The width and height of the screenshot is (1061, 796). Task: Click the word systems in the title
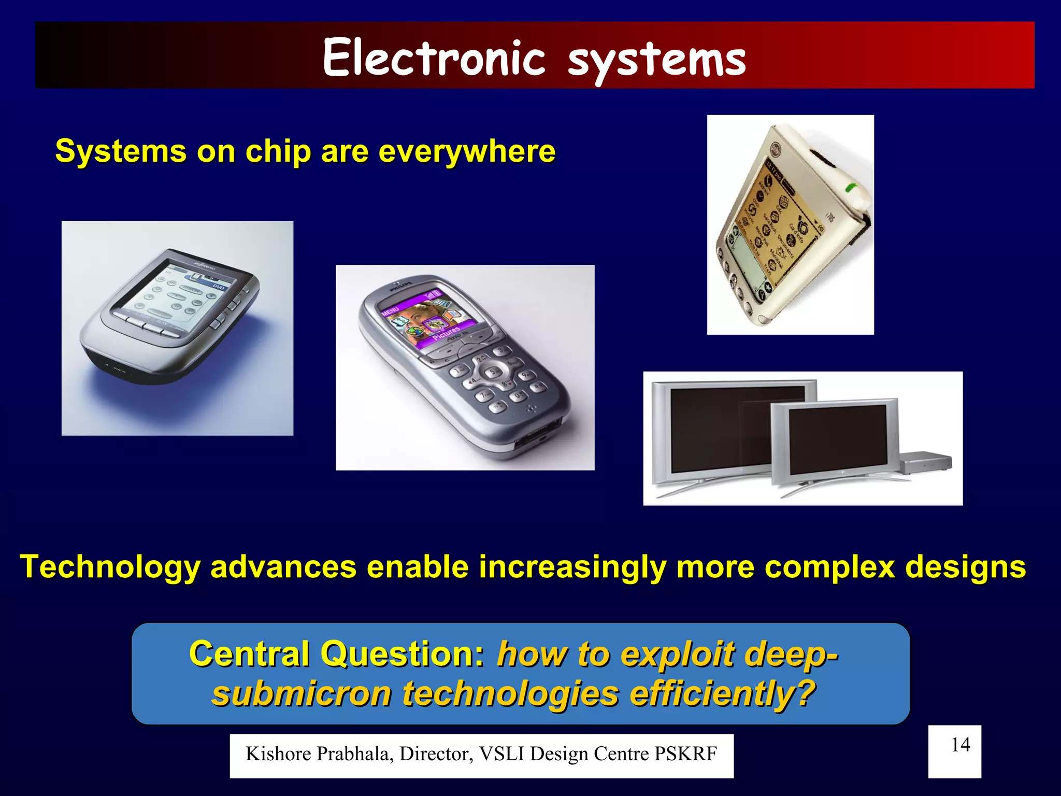656,60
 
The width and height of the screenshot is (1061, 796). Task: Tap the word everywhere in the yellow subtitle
467,151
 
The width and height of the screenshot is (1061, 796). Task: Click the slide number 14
960,745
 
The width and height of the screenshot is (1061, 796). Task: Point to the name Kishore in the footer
278,754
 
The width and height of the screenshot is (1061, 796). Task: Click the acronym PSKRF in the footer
685,754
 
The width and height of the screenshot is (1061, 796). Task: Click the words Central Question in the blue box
337,653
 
